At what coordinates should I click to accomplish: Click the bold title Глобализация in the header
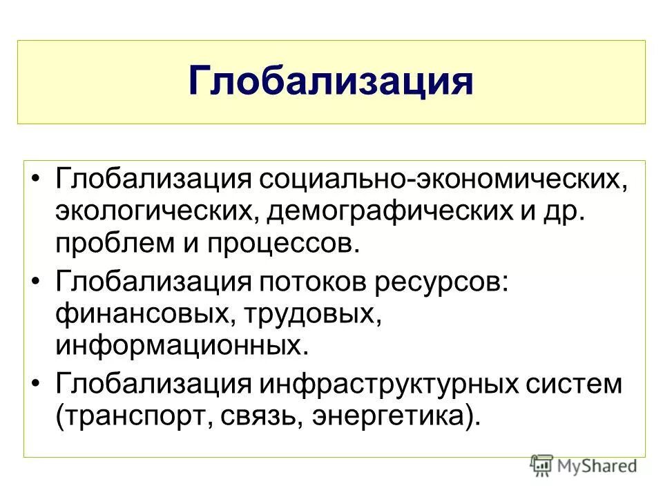[331, 81]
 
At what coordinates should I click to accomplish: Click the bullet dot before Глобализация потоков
[37, 283]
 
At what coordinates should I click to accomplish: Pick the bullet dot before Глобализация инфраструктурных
[37, 384]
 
